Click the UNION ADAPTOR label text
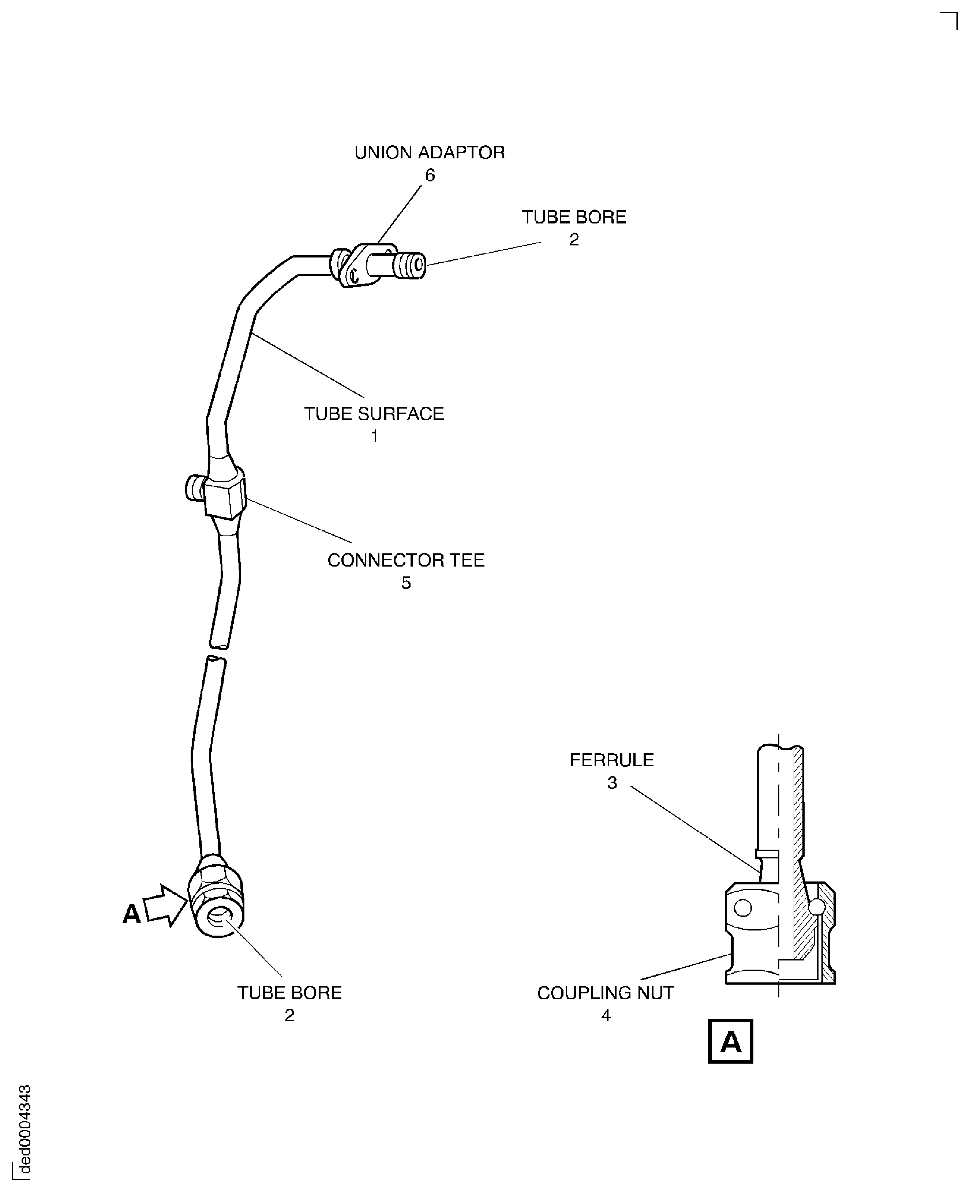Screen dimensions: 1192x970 429,153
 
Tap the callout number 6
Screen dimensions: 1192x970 430,176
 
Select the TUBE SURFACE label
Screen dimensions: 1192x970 374,414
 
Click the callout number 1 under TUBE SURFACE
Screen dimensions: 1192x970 374,436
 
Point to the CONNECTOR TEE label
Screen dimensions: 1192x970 406,560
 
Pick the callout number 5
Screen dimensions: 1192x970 406,583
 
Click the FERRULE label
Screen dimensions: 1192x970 611,760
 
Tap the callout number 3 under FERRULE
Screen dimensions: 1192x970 613,783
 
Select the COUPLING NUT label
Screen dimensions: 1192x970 605,993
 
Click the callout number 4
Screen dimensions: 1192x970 606,1015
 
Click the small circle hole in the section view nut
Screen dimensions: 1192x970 742,908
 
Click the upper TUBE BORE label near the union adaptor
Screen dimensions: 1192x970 574,217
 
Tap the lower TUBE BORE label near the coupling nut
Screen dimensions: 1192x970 289,993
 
